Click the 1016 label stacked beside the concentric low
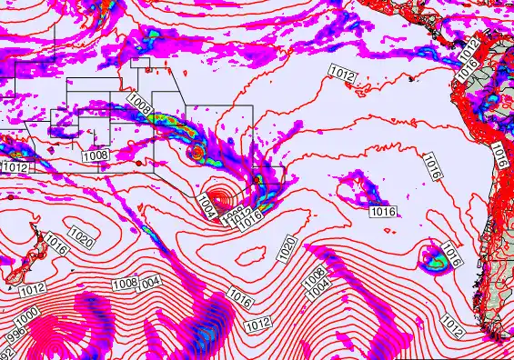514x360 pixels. tap(251, 216)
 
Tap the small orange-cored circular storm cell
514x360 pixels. tap(197, 155)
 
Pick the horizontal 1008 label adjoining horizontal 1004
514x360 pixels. tap(126, 285)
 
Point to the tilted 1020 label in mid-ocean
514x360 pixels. tap(288, 248)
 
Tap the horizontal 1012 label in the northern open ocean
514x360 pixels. tap(343, 76)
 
